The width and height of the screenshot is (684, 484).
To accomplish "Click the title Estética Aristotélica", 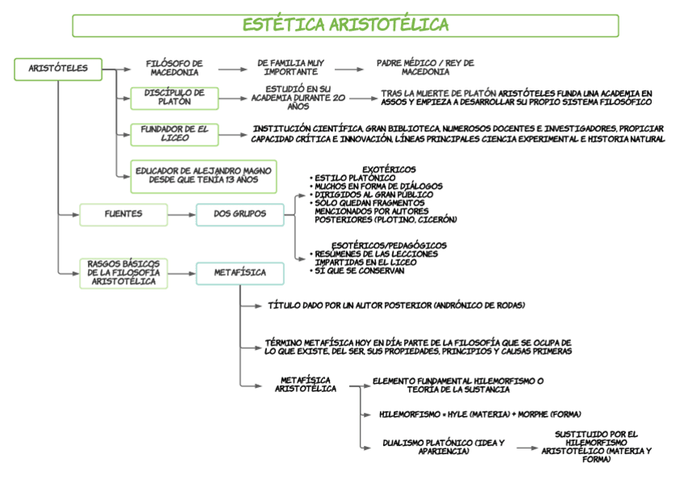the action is (345, 26).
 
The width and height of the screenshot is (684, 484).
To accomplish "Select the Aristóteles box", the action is (58, 69).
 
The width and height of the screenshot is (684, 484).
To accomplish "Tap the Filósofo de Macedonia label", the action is (174, 68).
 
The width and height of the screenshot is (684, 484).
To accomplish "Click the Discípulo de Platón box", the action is (174, 98).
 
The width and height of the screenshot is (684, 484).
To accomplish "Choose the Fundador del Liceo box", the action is (174, 133).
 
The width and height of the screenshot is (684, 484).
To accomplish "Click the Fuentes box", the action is (123, 215).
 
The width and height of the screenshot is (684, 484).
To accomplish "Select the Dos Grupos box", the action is (240, 215).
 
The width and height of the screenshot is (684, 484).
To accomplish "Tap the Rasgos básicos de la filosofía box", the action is (123, 273).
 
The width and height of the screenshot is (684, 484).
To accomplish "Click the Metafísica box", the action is (240, 273).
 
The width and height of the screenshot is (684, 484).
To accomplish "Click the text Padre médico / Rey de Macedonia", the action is (425, 67).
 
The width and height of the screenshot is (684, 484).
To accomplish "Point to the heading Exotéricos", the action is (390, 169).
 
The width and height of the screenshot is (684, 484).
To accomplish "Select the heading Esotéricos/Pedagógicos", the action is (389, 245).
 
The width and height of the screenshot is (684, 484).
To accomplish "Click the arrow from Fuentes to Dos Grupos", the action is (181, 215).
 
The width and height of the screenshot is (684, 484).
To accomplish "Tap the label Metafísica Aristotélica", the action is (306, 384).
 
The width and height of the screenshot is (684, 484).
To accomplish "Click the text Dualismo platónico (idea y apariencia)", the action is (444, 447).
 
